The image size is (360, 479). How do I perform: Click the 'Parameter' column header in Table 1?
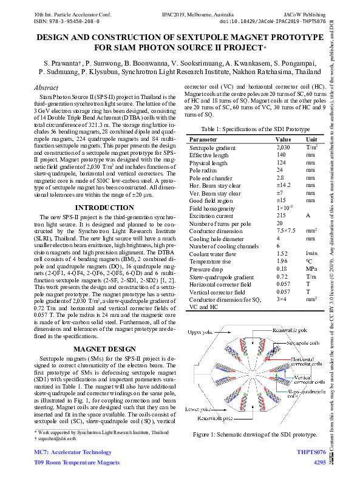pyautogui.click(x=203, y=139)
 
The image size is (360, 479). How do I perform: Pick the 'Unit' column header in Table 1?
pyautogui.click(x=311, y=139)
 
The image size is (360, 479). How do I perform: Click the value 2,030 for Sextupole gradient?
pyautogui.click(x=283, y=148)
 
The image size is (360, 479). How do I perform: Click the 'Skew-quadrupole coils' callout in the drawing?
pyautogui.click(x=301, y=395)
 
